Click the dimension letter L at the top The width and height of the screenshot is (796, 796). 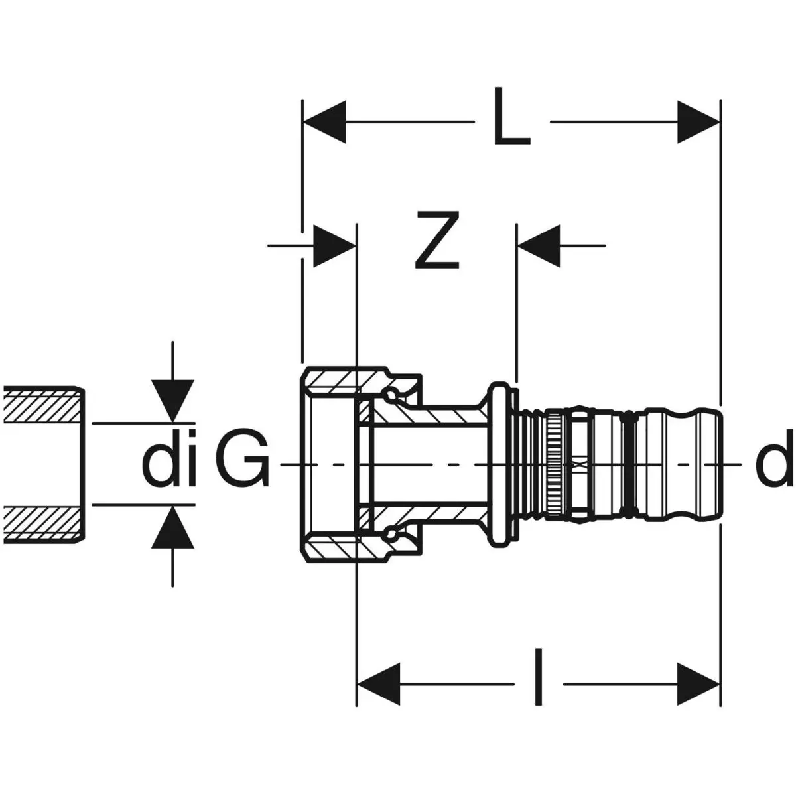(512, 123)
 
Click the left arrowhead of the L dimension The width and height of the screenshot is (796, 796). (324, 123)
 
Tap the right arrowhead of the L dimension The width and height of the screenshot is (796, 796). (698, 123)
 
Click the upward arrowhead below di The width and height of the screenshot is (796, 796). (172, 527)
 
